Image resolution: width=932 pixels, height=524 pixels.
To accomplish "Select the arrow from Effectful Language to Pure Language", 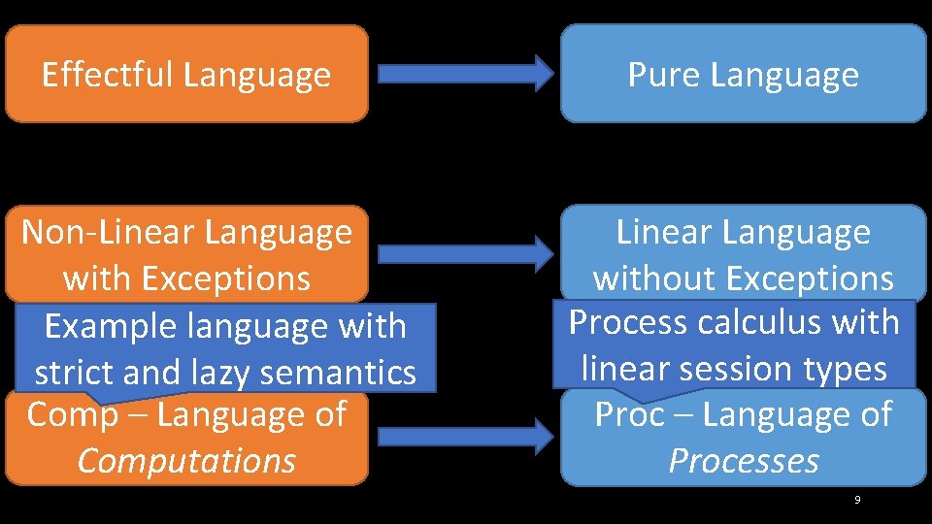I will point(464,73).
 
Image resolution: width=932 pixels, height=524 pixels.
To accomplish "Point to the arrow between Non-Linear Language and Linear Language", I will point(464,255).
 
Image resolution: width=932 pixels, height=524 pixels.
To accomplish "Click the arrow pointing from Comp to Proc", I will point(464,436).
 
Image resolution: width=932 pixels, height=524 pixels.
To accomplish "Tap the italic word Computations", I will point(186,461).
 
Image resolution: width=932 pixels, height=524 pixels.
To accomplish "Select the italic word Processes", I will point(744,461).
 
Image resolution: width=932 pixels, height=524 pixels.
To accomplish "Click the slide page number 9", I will point(856,500).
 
